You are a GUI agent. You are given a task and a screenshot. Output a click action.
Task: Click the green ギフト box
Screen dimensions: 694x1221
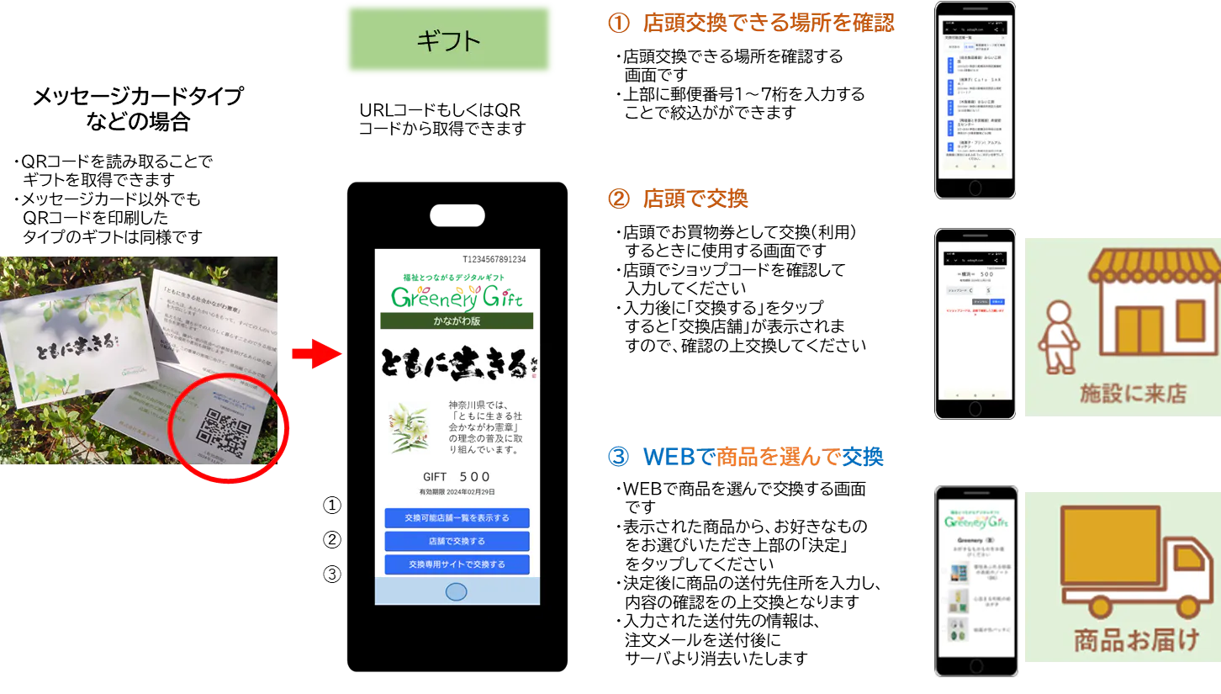click(x=449, y=40)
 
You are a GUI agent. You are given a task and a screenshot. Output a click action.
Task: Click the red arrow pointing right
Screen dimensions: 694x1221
click(x=315, y=355)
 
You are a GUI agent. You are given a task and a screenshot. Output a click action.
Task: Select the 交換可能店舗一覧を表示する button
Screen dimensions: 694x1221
click(x=457, y=517)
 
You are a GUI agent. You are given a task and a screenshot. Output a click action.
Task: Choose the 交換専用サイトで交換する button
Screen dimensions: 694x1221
click(x=457, y=564)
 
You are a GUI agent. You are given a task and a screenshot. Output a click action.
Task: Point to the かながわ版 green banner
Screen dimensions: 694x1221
click(x=457, y=321)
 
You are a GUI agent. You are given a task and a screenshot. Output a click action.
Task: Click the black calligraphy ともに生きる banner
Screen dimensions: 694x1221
click(x=457, y=366)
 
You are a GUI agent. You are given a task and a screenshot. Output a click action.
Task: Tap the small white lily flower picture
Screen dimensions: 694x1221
click(x=407, y=426)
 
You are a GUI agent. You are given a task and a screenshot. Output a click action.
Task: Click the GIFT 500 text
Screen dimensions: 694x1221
click(x=457, y=477)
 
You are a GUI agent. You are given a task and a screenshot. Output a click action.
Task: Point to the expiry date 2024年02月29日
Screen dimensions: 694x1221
click(x=457, y=492)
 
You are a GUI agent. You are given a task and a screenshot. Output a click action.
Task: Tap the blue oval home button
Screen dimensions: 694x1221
click(x=456, y=591)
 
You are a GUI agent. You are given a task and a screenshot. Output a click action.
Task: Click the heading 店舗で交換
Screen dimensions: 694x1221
click(x=694, y=199)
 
